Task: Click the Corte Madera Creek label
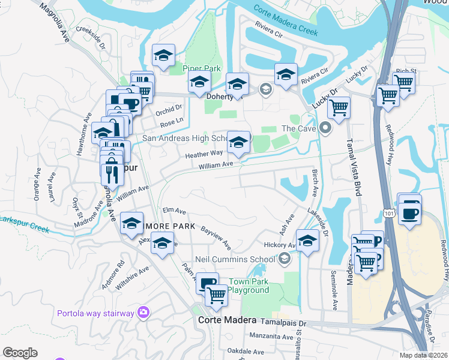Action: tap(285, 20)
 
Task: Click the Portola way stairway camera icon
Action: tap(143, 312)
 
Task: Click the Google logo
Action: tap(20, 352)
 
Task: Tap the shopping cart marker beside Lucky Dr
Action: tap(339, 109)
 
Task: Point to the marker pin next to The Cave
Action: tap(325, 128)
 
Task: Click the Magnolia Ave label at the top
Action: tap(55, 22)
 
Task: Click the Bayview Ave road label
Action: tap(216, 238)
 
